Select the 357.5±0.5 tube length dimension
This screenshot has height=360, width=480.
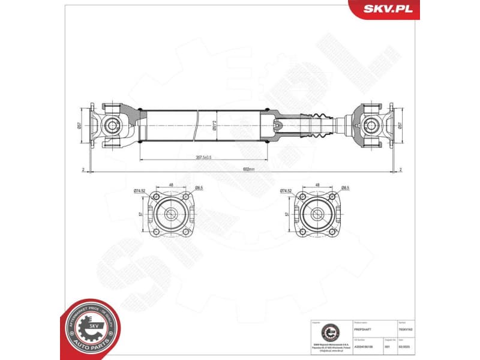[203, 157]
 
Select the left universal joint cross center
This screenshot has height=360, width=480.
[112, 125]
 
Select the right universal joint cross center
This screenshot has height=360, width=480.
[371, 125]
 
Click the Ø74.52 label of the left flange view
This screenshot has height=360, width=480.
[140, 190]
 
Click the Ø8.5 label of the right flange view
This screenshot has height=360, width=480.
[345, 187]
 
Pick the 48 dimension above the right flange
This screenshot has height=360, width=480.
[317, 184]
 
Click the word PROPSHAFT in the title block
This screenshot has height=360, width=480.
[361, 329]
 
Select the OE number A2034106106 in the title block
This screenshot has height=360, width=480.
[364, 346]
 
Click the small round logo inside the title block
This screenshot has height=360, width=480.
[331, 332]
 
